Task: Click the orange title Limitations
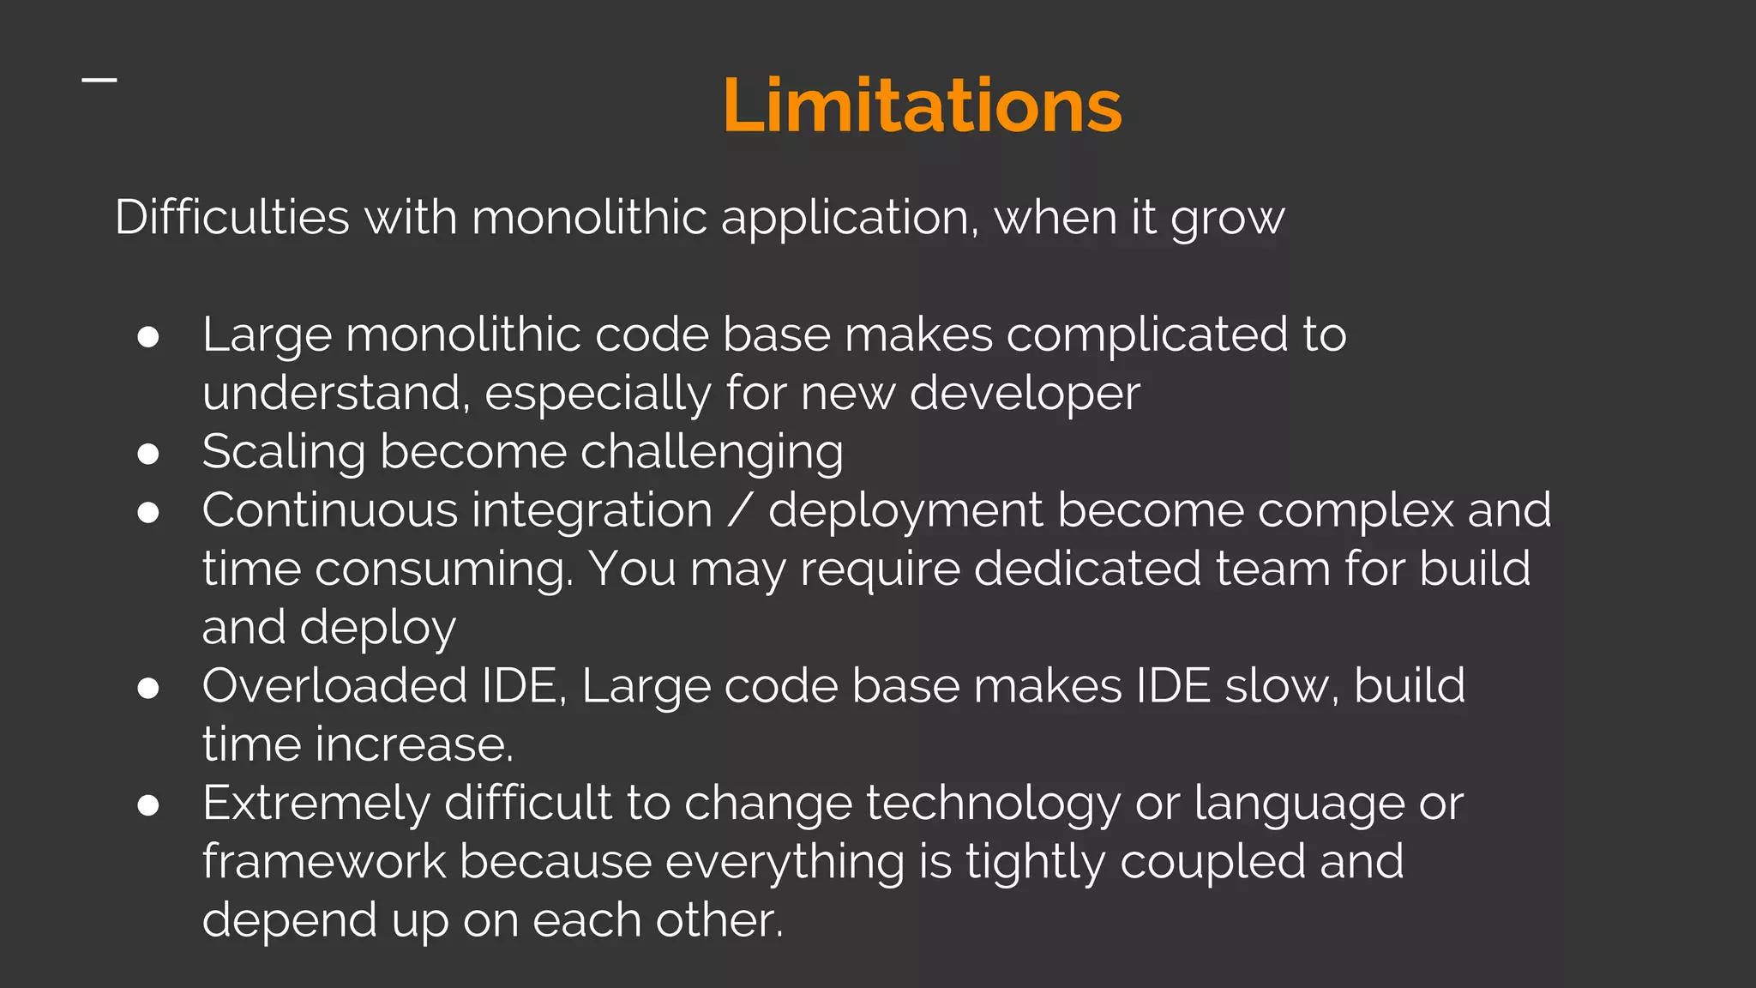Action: (x=922, y=105)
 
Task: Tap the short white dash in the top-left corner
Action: (x=99, y=80)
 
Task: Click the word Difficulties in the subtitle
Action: (x=232, y=216)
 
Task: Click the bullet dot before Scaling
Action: (x=148, y=454)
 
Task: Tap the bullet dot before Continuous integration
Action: (x=148, y=512)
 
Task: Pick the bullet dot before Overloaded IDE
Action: (x=148, y=688)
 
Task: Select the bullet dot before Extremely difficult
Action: (x=148, y=804)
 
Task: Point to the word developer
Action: (x=1025, y=395)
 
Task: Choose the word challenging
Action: (x=712, y=453)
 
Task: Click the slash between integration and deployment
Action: (x=740, y=511)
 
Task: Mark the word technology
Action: (x=993, y=804)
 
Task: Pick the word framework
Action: (x=324, y=861)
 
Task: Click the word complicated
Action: (x=1146, y=335)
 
